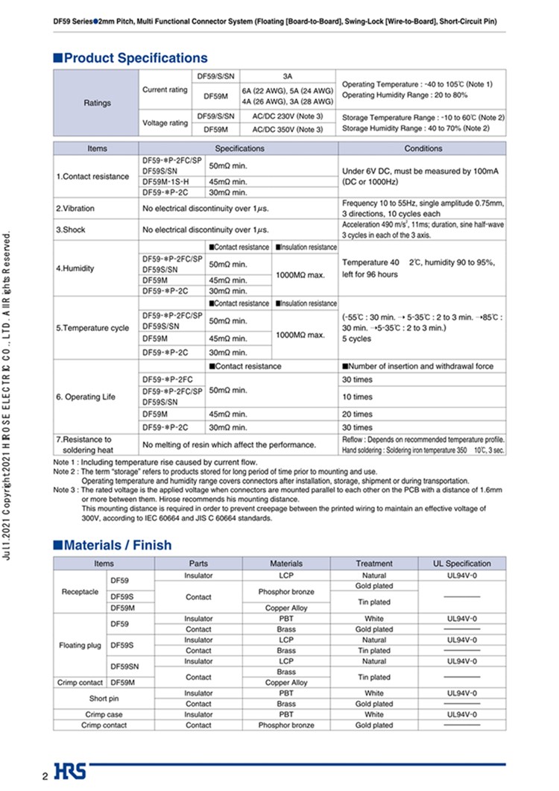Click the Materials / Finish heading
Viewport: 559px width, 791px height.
click(118, 545)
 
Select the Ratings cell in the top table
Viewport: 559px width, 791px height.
click(98, 103)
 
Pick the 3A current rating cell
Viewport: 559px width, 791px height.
click(287, 76)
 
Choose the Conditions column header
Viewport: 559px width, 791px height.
click(423, 148)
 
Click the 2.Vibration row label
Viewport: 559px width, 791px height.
click(75, 208)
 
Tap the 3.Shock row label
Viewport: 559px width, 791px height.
click(71, 230)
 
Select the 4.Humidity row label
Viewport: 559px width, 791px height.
click(75, 268)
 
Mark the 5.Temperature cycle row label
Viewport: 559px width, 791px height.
click(92, 328)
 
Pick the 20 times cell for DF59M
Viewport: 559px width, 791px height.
click(353, 415)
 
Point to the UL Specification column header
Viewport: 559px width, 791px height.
click(462, 564)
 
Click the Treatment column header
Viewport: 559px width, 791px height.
click(374, 564)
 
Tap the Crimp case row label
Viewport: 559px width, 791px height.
click(104, 714)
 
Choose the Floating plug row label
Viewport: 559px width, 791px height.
click(79, 645)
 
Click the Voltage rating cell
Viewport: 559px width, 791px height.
click(165, 123)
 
